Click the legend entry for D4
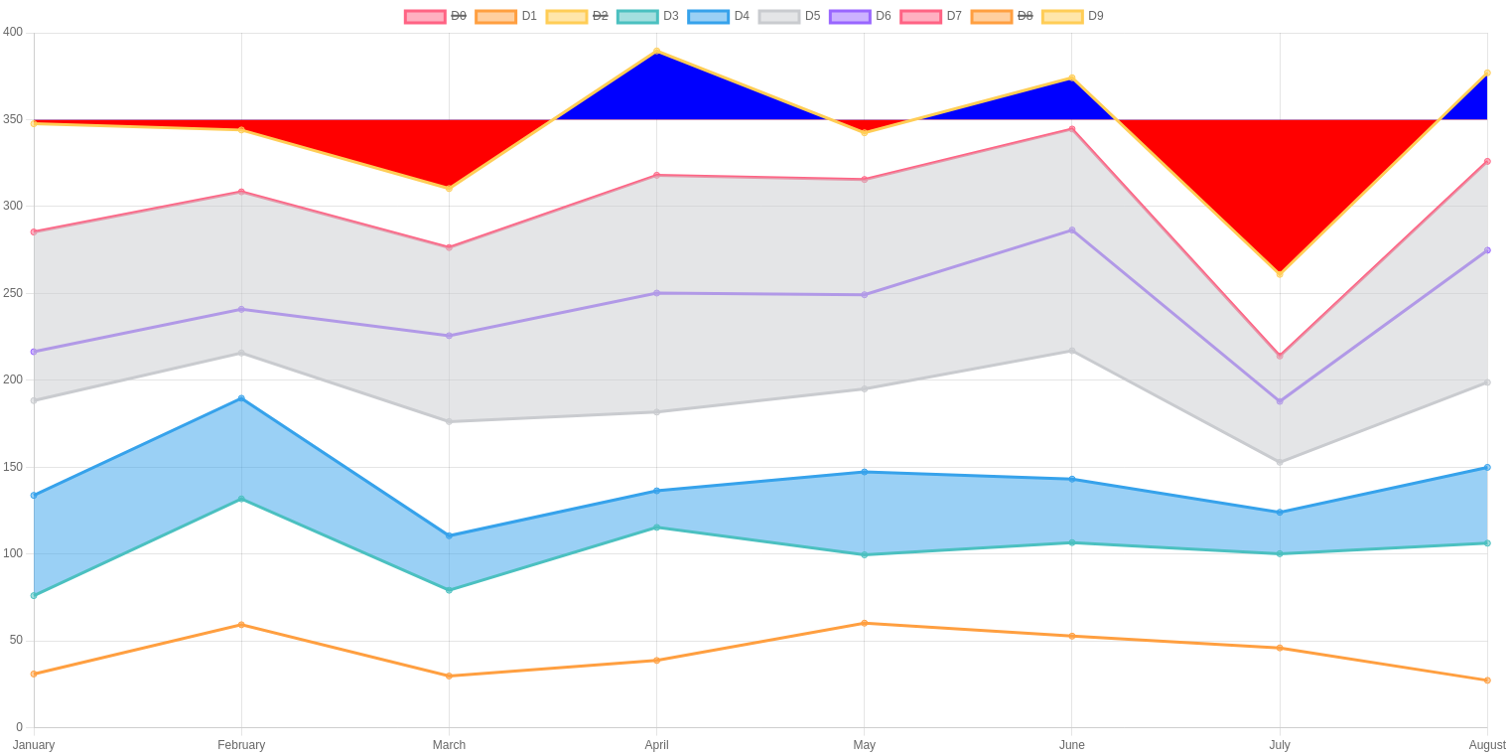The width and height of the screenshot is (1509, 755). tap(719, 16)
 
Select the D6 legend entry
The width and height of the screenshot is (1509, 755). tap(861, 16)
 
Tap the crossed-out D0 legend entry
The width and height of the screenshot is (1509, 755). tap(436, 16)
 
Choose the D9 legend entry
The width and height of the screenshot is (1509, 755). tap(1073, 16)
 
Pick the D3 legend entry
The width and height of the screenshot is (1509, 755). tap(648, 16)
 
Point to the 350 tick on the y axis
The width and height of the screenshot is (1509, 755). tap(13, 119)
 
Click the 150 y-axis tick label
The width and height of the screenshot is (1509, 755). tap(13, 467)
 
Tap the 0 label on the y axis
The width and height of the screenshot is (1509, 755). tap(19, 727)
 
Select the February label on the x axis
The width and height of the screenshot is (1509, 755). tap(241, 745)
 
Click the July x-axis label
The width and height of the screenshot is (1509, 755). tap(1280, 745)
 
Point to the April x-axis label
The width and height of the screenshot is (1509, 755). tap(656, 745)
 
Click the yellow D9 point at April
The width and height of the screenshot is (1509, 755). tap(656, 51)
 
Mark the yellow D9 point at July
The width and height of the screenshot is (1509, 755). tap(1280, 274)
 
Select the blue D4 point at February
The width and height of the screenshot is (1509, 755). tap(241, 398)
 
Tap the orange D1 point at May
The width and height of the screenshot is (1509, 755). tap(864, 623)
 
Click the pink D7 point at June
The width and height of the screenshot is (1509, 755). tap(1072, 129)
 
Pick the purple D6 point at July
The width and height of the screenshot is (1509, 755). tap(1280, 401)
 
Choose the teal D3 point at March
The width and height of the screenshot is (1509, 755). tap(449, 590)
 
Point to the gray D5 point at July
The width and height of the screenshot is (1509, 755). tap(1280, 462)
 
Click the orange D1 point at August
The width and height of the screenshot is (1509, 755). tap(1487, 680)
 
